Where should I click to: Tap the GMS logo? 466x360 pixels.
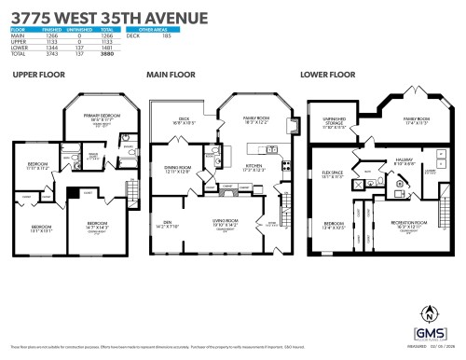[x=430, y=334]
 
